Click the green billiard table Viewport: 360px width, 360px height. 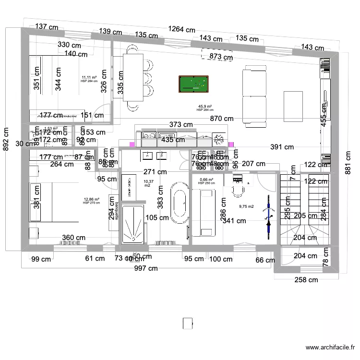pos(193,84)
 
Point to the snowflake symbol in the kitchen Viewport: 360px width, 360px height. pos(219,140)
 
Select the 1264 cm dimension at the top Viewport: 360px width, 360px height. pos(181,30)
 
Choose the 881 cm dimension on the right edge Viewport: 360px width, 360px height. pos(347,164)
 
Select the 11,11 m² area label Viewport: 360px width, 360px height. pos(89,78)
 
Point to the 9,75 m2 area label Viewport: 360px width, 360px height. pos(246,207)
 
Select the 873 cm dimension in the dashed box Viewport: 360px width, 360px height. pos(221,57)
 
